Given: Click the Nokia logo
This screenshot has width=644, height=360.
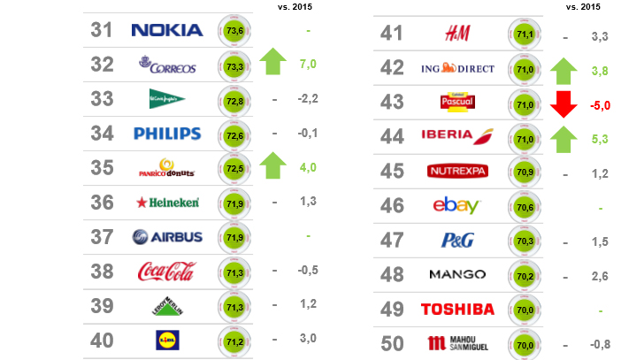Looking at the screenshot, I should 167,30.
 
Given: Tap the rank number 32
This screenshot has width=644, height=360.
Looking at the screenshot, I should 103,64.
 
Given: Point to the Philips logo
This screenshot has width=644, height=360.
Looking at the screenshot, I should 167,134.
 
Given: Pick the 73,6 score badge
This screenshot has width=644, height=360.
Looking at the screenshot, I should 235,30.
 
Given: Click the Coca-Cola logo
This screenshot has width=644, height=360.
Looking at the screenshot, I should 167,272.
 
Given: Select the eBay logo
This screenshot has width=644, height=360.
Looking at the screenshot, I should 456,206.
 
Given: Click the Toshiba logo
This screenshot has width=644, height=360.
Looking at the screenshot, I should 457,309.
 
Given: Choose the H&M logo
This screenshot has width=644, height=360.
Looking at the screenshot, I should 457,34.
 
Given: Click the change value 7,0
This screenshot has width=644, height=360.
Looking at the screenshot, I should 308,65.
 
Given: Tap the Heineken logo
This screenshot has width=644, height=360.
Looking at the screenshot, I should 167,203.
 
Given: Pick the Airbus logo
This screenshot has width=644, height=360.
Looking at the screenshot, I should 167,237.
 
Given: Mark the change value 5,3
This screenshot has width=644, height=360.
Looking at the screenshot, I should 601,138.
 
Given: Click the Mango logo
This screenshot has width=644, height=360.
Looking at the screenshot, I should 457,274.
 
